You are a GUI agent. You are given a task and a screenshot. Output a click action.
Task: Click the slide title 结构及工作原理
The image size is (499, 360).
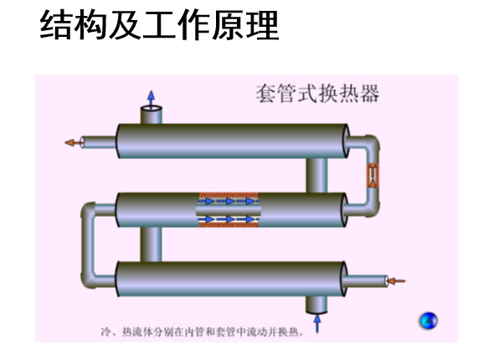pyautogui.click(x=159, y=25)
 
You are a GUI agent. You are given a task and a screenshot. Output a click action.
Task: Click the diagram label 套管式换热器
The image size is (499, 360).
pyautogui.click(x=317, y=93)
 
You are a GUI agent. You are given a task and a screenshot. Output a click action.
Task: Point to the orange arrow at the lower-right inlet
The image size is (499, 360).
pyautogui.click(x=397, y=281)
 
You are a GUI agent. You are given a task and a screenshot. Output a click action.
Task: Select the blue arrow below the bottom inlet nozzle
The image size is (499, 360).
pyautogui.click(x=317, y=324)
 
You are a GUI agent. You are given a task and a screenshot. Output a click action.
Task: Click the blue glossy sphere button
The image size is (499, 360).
pyautogui.click(x=429, y=321)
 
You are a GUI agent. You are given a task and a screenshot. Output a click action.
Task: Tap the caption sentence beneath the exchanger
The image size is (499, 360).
pyautogui.click(x=203, y=332)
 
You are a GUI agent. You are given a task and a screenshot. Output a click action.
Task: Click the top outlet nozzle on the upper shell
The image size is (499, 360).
pyautogui.click(x=152, y=115)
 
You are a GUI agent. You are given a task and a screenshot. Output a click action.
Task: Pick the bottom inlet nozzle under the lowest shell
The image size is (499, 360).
pyautogui.click(x=316, y=305)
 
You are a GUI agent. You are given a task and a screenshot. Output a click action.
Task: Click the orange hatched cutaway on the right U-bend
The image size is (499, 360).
pyautogui.click(x=373, y=175)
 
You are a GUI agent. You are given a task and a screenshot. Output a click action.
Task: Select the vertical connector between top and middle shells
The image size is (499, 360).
pyautogui.click(x=316, y=175)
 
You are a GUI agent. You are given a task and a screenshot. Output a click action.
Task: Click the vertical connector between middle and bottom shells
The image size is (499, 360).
pyautogui.click(x=151, y=244)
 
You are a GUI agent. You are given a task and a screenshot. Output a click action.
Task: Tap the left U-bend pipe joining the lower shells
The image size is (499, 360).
pyautogui.click(x=88, y=245)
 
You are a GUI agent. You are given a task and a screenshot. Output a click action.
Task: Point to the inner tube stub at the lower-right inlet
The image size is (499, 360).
pyautogui.click(x=365, y=281)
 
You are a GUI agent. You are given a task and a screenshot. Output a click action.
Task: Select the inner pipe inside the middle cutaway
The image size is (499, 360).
pyautogui.click(x=229, y=210)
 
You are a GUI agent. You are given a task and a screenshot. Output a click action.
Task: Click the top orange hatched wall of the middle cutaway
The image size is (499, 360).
pyautogui.click(x=229, y=195)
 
